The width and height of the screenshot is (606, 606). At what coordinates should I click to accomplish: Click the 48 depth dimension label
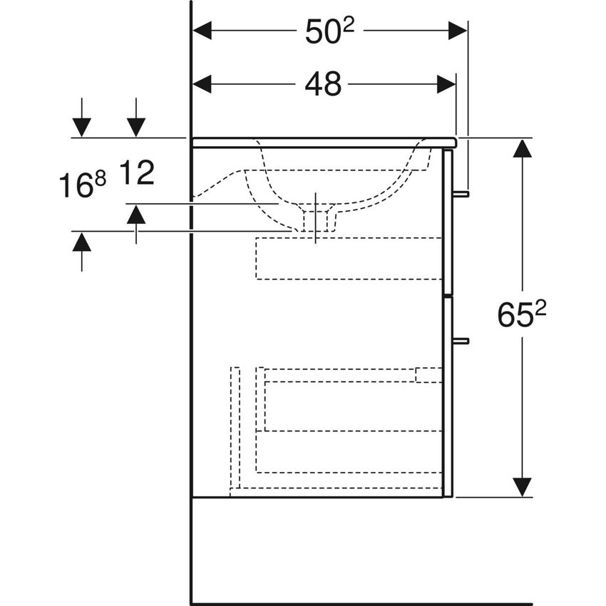323,85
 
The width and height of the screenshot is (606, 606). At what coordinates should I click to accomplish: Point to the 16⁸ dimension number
82,187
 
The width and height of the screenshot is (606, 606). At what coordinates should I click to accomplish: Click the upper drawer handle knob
462,193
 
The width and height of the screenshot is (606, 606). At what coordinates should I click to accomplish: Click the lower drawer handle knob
462,341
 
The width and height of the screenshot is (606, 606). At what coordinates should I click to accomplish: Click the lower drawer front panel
448,396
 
